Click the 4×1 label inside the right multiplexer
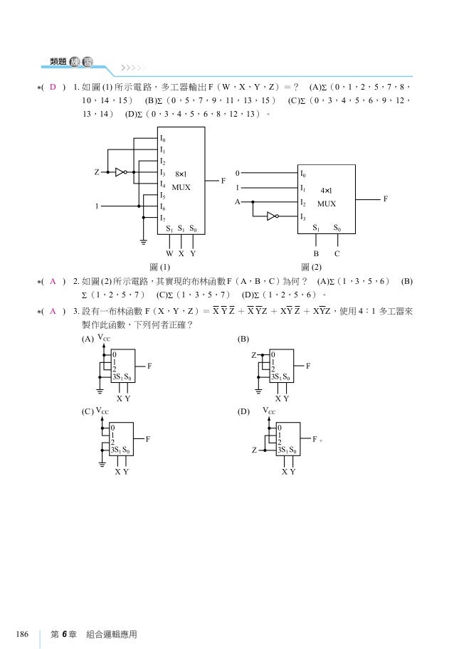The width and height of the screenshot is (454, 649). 327,191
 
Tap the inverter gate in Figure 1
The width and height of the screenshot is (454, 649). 122,172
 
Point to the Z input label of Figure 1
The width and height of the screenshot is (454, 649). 96,172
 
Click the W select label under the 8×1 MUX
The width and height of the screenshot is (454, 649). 169,253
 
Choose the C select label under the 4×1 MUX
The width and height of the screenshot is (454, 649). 337,253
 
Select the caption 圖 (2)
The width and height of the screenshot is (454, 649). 312,267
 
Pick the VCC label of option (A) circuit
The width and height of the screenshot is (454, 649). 104,339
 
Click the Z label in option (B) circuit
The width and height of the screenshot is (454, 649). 253,354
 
